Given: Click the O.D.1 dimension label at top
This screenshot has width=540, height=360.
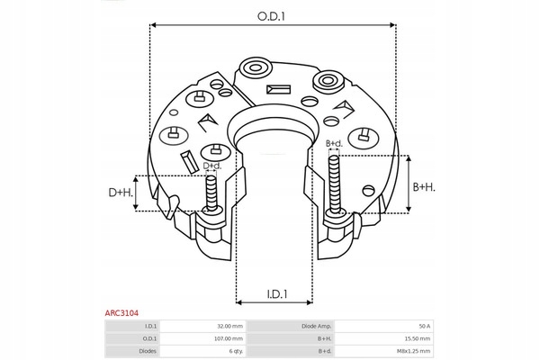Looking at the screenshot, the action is pos(272,16).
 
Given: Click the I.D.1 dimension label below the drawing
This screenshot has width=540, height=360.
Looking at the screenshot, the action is pos(277,294).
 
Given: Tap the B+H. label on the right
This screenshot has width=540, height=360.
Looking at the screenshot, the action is pos(424,187).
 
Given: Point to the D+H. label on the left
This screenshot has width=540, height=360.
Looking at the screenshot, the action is pos(121,193).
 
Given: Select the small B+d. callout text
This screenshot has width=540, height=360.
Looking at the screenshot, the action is pos(334,143).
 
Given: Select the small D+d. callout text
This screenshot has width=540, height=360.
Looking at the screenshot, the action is pos(212,166).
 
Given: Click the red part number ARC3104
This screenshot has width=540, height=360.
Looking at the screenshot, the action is pos(121,313).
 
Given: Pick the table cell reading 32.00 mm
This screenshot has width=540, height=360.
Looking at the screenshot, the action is pos(230,326).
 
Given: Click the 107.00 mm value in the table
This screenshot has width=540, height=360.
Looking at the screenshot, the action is pos(229,338).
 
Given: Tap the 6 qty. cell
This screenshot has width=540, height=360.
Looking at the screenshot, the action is pos(236,351).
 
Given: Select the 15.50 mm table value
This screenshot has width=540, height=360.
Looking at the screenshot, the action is pos(418,338).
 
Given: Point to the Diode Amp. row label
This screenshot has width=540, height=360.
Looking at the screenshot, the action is pos(317,326).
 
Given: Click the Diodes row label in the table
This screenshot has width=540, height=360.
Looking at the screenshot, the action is pos(148,351).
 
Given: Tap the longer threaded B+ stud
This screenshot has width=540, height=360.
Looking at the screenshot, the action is pos(334,186).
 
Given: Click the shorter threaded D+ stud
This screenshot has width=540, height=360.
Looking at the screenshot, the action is pos(211,193).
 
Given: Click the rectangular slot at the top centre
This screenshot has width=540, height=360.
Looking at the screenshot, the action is pos(278,90).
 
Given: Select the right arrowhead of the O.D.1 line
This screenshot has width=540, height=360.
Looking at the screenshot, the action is pos(392,25).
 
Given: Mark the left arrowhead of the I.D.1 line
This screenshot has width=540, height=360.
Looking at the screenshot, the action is pos(239,302).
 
